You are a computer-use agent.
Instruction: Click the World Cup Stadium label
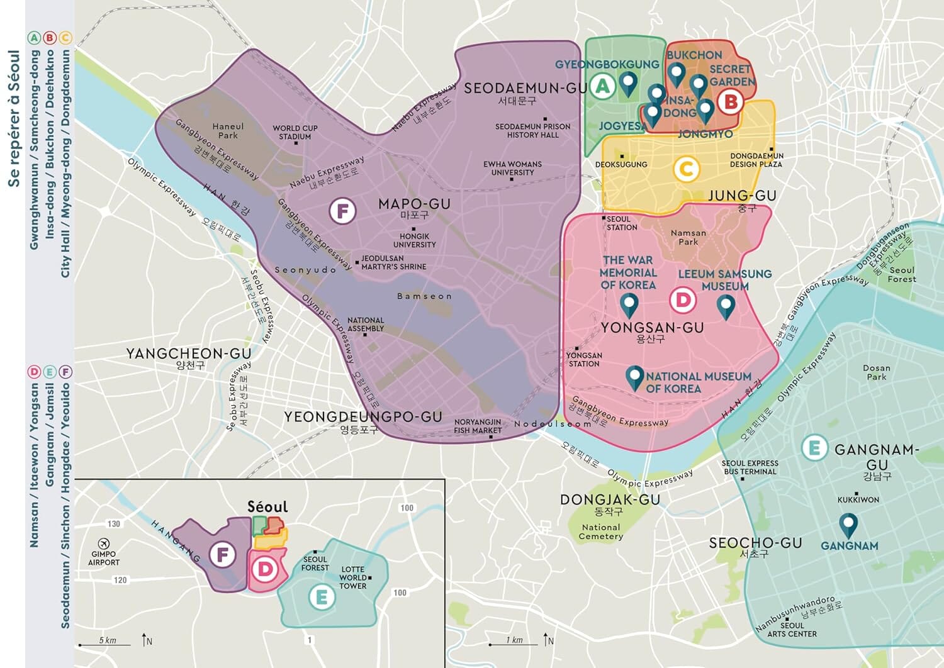pyautogui.click(x=295, y=132)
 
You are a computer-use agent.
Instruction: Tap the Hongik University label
pyautogui.click(x=414, y=240)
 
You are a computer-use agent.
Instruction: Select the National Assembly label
pyautogui.click(x=365, y=324)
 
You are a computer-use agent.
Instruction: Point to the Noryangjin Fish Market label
pyautogui.click(x=478, y=426)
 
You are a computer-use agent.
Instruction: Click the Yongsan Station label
pyautogui.click(x=584, y=359)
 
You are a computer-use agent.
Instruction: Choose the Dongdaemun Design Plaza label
pyautogui.click(x=756, y=160)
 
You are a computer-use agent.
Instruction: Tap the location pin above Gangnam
pyautogui.click(x=848, y=525)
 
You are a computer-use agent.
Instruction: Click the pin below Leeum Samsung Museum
pyautogui.click(x=726, y=306)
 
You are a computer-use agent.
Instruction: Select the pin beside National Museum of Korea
pyautogui.click(x=634, y=377)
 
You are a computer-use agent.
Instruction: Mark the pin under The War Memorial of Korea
pyautogui.click(x=629, y=304)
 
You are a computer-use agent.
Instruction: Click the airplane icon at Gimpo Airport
pyautogui.click(x=104, y=543)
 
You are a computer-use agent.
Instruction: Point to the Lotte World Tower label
pyautogui.click(x=353, y=577)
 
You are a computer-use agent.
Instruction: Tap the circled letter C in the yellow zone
pyautogui.click(x=686, y=169)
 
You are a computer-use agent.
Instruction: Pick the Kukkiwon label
pyautogui.click(x=858, y=499)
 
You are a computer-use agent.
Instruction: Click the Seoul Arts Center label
pyautogui.click(x=792, y=630)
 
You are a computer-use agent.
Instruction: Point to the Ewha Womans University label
pyautogui.click(x=512, y=168)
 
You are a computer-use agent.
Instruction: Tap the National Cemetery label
pyautogui.click(x=601, y=532)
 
